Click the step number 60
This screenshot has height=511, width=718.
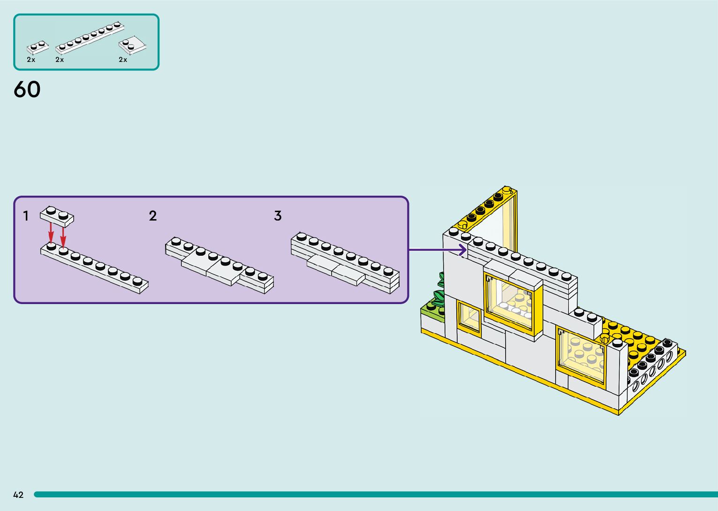(27, 89)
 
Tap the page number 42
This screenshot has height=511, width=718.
(18, 495)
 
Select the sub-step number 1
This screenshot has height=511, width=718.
(26, 216)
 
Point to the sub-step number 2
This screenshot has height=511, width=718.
(153, 216)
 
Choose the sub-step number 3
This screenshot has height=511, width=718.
(278, 216)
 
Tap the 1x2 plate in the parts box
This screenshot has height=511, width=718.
(38, 47)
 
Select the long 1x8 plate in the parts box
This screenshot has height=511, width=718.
(89, 36)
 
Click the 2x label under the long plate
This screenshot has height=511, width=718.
(60, 60)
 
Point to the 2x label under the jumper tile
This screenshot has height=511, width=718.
(123, 60)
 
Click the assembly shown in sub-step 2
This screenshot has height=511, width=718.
(219, 266)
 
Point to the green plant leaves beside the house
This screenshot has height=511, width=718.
(440, 289)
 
